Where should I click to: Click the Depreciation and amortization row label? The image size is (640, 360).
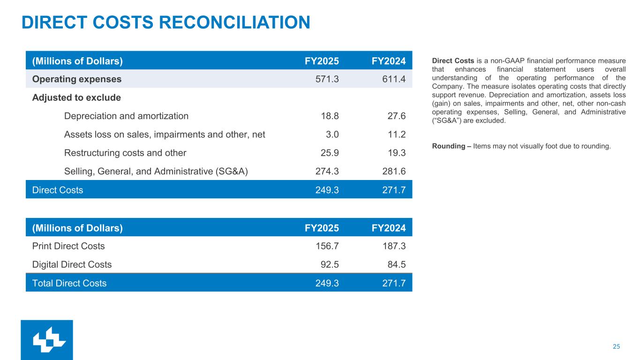(x=126, y=116)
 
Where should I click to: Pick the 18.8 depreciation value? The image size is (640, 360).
(x=329, y=116)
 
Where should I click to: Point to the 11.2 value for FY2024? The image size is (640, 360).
(x=396, y=135)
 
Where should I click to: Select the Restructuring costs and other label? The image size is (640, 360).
(x=125, y=153)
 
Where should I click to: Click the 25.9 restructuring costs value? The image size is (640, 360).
(x=329, y=153)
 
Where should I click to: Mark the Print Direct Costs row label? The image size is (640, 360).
(x=68, y=246)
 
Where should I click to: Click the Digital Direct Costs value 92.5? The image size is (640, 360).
(x=329, y=264)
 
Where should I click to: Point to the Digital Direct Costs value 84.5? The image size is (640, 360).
(x=396, y=264)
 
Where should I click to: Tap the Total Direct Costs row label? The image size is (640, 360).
(x=69, y=283)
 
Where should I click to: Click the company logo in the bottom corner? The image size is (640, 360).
(x=47, y=340)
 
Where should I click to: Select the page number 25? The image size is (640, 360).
(x=616, y=346)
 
